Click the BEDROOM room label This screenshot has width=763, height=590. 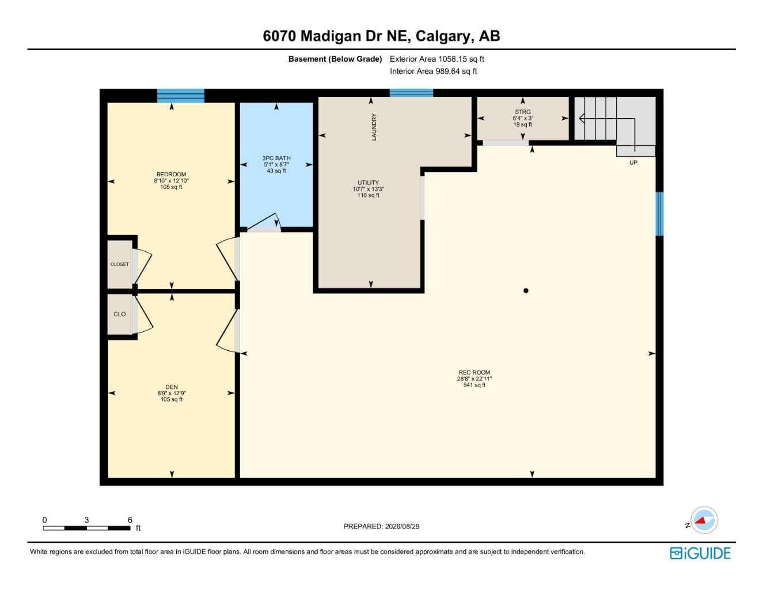click(x=171, y=174)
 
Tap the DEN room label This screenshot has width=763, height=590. click(x=172, y=387)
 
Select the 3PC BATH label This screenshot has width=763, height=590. click(x=276, y=158)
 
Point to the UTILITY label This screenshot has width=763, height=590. click(x=368, y=183)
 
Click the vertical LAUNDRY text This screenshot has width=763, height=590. click(x=374, y=127)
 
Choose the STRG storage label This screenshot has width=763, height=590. click(x=522, y=112)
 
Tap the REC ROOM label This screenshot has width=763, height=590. click(x=474, y=372)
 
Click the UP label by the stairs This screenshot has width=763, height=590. click(x=633, y=162)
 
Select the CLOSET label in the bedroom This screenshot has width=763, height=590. click(x=119, y=264)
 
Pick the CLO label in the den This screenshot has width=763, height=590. click(x=119, y=314)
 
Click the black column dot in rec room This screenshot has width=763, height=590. click(x=526, y=290)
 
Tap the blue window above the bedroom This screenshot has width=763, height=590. click(x=180, y=96)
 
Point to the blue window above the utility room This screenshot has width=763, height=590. click(x=411, y=93)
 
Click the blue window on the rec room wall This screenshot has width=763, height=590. click(x=659, y=214)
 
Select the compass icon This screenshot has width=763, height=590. click(x=704, y=520)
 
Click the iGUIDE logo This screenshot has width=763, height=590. click(x=700, y=553)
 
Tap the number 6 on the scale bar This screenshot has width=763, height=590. click(x=130, y=520)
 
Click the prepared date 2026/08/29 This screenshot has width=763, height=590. click(x=402, y=527)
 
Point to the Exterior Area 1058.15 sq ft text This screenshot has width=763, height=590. click(x=437, y=59)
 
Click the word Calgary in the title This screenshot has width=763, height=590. click(x=443, y=36)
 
